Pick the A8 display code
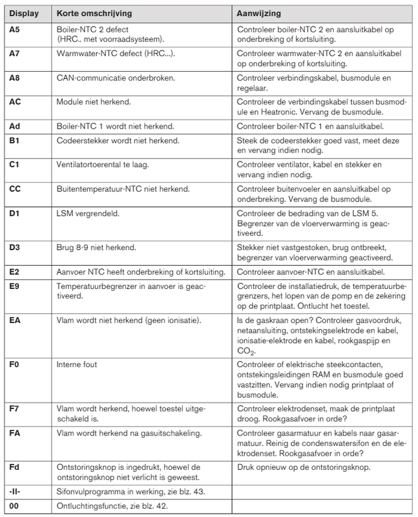point(16,78)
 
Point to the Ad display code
point(16,126)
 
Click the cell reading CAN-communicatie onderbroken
point(110,78)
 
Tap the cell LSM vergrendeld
point(84,213)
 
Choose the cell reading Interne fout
point(77,365)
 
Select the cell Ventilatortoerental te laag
point(103,165)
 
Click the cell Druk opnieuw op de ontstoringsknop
point(304,466)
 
